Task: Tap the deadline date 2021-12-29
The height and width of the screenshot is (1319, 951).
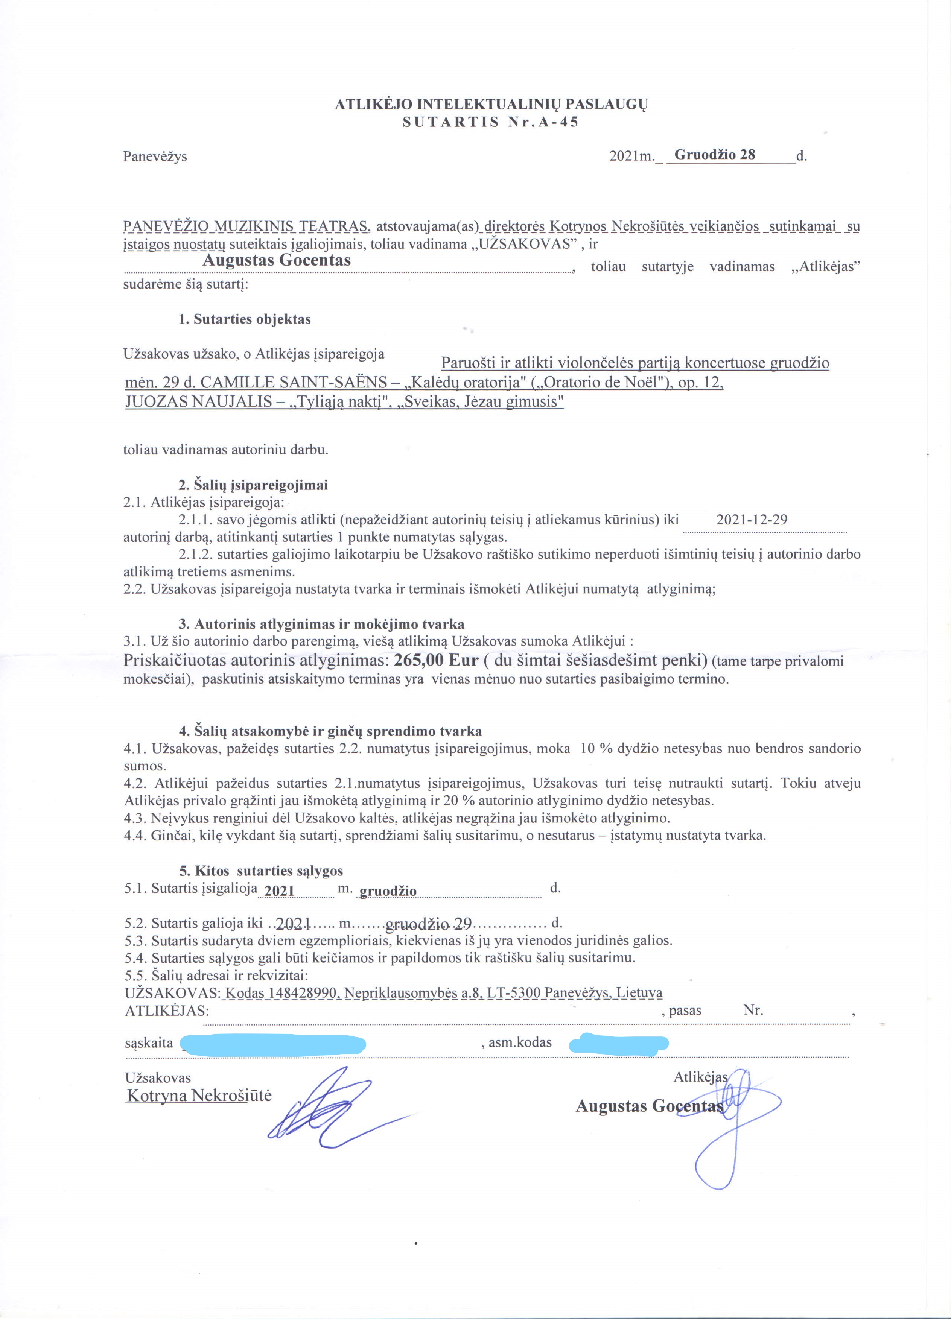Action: pyautogui.click(x=752, y=519)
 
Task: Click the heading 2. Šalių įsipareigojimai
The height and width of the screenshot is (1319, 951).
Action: pyautogui.click(x=253, y=485)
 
